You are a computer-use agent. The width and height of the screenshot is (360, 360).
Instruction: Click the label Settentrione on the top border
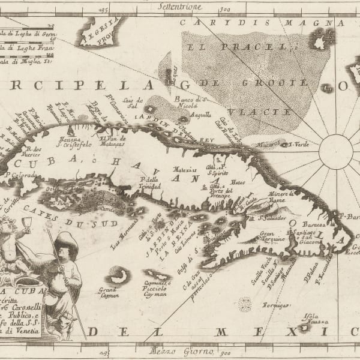179,8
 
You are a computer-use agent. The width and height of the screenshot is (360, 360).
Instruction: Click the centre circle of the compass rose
335,151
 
